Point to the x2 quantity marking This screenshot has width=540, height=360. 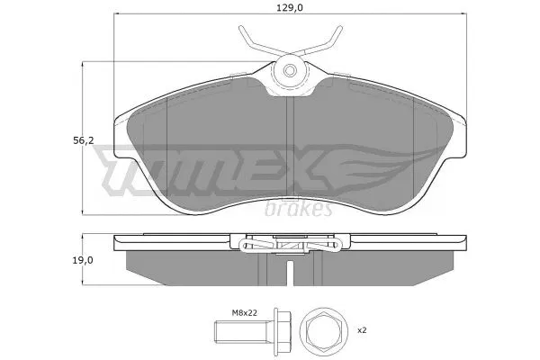point(363,330)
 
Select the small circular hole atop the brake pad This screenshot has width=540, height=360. point(289,70)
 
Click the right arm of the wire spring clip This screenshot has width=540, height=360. point(325,40)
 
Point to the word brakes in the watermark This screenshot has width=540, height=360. point(300,209)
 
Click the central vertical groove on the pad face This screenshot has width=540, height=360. point(289,135)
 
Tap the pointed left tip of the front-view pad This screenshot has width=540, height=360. point(118,118)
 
